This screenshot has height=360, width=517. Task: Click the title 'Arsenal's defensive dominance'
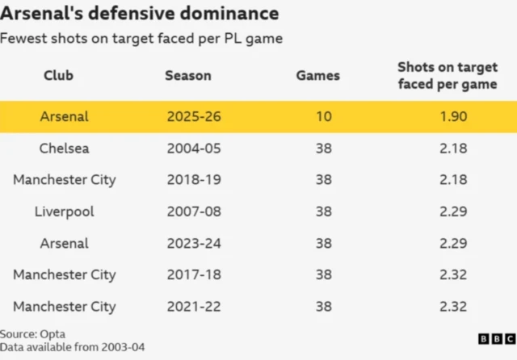tap(141, 14)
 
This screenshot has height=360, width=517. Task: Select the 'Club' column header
tap(58, 75)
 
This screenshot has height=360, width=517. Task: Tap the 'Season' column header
tap(188, 75)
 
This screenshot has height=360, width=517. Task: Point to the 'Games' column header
tap(317, 75)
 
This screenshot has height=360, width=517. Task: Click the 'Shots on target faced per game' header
tap(448, 75)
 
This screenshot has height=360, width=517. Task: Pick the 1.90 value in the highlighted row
tap(453, 116)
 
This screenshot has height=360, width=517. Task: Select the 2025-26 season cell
tap(194, 116)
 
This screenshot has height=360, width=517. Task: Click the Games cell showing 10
tap(323, 116)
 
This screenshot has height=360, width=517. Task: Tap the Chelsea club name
tap(64, 148)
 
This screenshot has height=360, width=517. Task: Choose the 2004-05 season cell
tap(194, 148)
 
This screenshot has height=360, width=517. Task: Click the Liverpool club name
tap(64, 211)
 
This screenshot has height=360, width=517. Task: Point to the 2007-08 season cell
tap(194, 211)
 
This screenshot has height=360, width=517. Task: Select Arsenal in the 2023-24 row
tap(64, 243)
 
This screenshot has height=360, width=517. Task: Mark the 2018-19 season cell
tap(194, 179)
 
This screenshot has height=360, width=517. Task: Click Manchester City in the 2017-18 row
tap(64, 274)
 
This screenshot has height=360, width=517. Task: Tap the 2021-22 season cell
tap(194, 306)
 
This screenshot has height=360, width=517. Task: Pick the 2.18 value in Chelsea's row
tap(453, 148)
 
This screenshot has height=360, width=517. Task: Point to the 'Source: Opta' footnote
tap(32, 333)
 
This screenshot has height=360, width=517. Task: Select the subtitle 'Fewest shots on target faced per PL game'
tap(141, 39)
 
